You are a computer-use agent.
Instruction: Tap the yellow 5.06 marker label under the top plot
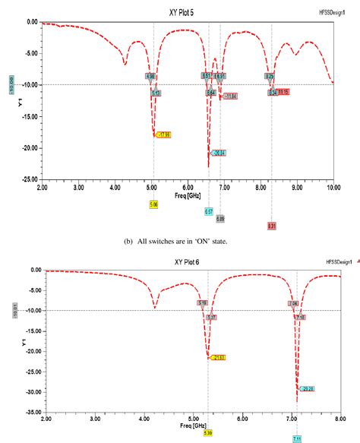click(x=154, y=204)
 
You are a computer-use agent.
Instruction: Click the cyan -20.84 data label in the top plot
click(x=219, y=153)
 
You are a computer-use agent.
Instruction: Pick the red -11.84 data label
click(x=229, y=97)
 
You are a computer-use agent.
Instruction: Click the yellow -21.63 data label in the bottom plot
click(x=216, y=357)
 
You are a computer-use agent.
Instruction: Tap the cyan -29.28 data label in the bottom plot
click(x=307, y=388)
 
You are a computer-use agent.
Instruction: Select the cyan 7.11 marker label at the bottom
click(x=297, y=439)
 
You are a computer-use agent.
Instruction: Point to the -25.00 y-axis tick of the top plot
click(x=28, y=179)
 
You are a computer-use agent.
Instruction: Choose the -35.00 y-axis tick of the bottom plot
click(x=28, y=413)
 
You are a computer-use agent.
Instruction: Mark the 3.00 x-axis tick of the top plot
click(x=78, y=186)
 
